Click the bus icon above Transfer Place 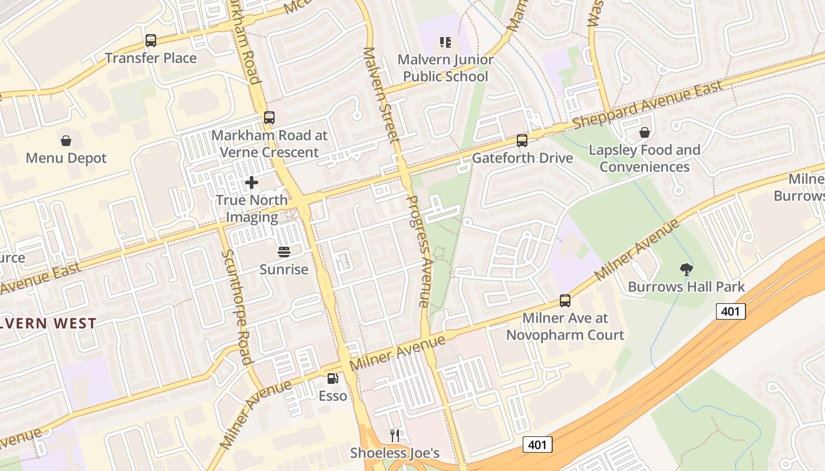(151, 41)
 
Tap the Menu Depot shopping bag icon (66, 141)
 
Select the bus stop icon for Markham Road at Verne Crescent (269, 118)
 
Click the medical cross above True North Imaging (252, 183)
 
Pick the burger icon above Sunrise (284, 252)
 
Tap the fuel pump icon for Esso (333, 379)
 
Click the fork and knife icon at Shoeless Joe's (395, 436)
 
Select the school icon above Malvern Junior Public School (445, 42)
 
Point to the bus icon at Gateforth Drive (522, 141)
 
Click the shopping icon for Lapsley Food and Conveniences (645, 132)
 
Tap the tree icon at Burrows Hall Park (686, 270)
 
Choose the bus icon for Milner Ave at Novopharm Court (565, 301)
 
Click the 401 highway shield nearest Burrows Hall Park (731, 311)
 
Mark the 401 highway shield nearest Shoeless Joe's (537, 444)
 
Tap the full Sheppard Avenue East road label (648, 104)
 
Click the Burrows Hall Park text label (686, 287)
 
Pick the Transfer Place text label (151, 58)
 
